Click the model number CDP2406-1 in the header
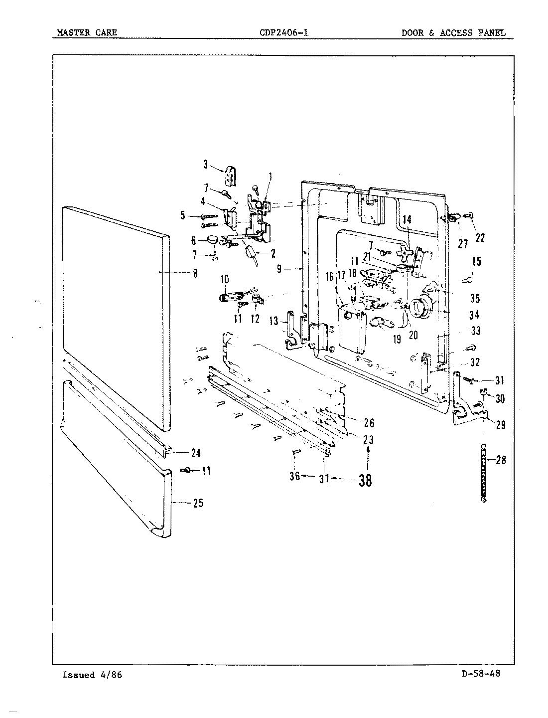coord(283,33)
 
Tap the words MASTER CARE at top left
coord(87,33)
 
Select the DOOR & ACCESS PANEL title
coord(453,33)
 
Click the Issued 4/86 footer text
coord(92,675)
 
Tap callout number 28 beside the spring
coord(501,460)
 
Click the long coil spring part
coord(484,473)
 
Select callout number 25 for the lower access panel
coord(198,503)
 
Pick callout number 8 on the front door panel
coord(194,273)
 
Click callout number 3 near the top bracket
coord(205,165)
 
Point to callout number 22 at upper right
coord(480,238)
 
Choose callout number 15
coord(477,261)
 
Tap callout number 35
coord(474,298)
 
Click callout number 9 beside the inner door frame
coord(279,269)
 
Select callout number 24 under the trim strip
coord(195,453)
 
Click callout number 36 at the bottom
coord(294,476)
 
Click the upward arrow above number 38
coord(368,456)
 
